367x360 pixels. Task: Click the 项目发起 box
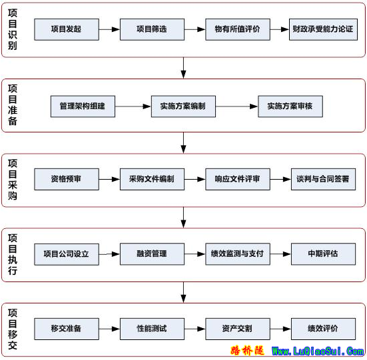pos(67,29)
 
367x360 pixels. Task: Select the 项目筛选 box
pos(152,29)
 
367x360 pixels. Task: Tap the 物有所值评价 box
pos(238,29)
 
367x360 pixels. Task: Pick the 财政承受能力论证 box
pos(323,29)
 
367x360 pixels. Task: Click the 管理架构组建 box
pos(83,106)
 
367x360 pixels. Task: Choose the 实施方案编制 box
pos(183,106)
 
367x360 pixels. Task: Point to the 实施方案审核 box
pos(290,106)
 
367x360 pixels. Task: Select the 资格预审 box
pos(67,179)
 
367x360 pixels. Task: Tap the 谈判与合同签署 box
pos(323,179)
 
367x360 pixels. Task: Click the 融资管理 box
pos(152,254)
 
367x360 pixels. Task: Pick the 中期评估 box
pos(323,254)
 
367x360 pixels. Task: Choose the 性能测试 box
pos(152,329)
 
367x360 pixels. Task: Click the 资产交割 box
pos(238,329)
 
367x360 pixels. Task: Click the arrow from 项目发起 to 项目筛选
pos(109,29)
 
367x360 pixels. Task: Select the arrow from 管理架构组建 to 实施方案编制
pos(133,106)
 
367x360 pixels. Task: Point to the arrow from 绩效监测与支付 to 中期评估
pos(280,254)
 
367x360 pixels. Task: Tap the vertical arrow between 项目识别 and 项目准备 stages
pos(184,68)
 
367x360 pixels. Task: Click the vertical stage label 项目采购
pos(13,180)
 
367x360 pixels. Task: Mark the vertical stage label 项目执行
pos(13,254)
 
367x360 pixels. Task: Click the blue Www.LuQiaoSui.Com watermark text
pos(318,351)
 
